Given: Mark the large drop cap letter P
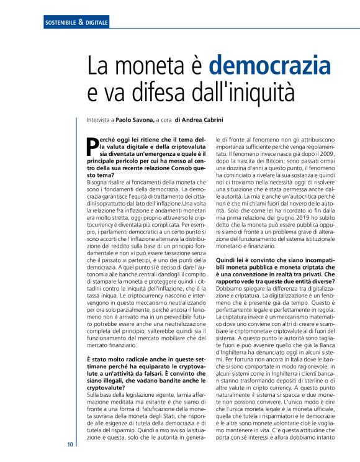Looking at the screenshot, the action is (x=92, y=145).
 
